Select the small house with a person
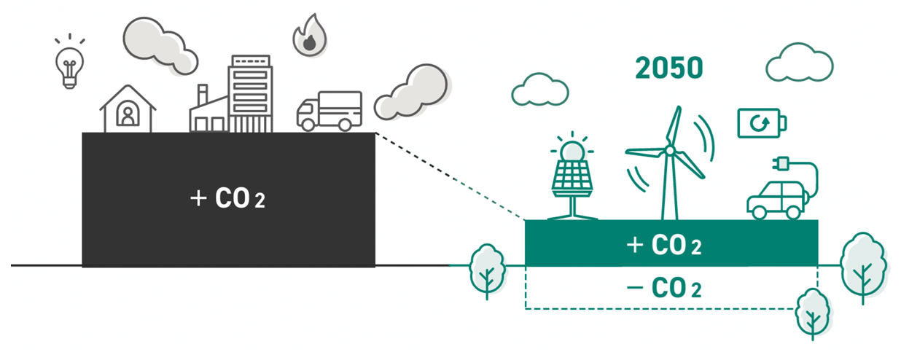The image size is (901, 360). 128,109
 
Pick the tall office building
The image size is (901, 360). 249,93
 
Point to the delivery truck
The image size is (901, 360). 329,111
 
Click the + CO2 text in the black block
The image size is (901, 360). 227,198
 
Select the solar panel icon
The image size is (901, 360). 572,179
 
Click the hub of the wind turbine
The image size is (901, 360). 668,150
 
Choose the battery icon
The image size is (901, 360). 762,122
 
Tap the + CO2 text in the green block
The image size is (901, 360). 664,245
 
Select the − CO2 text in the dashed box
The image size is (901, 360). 664,288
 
